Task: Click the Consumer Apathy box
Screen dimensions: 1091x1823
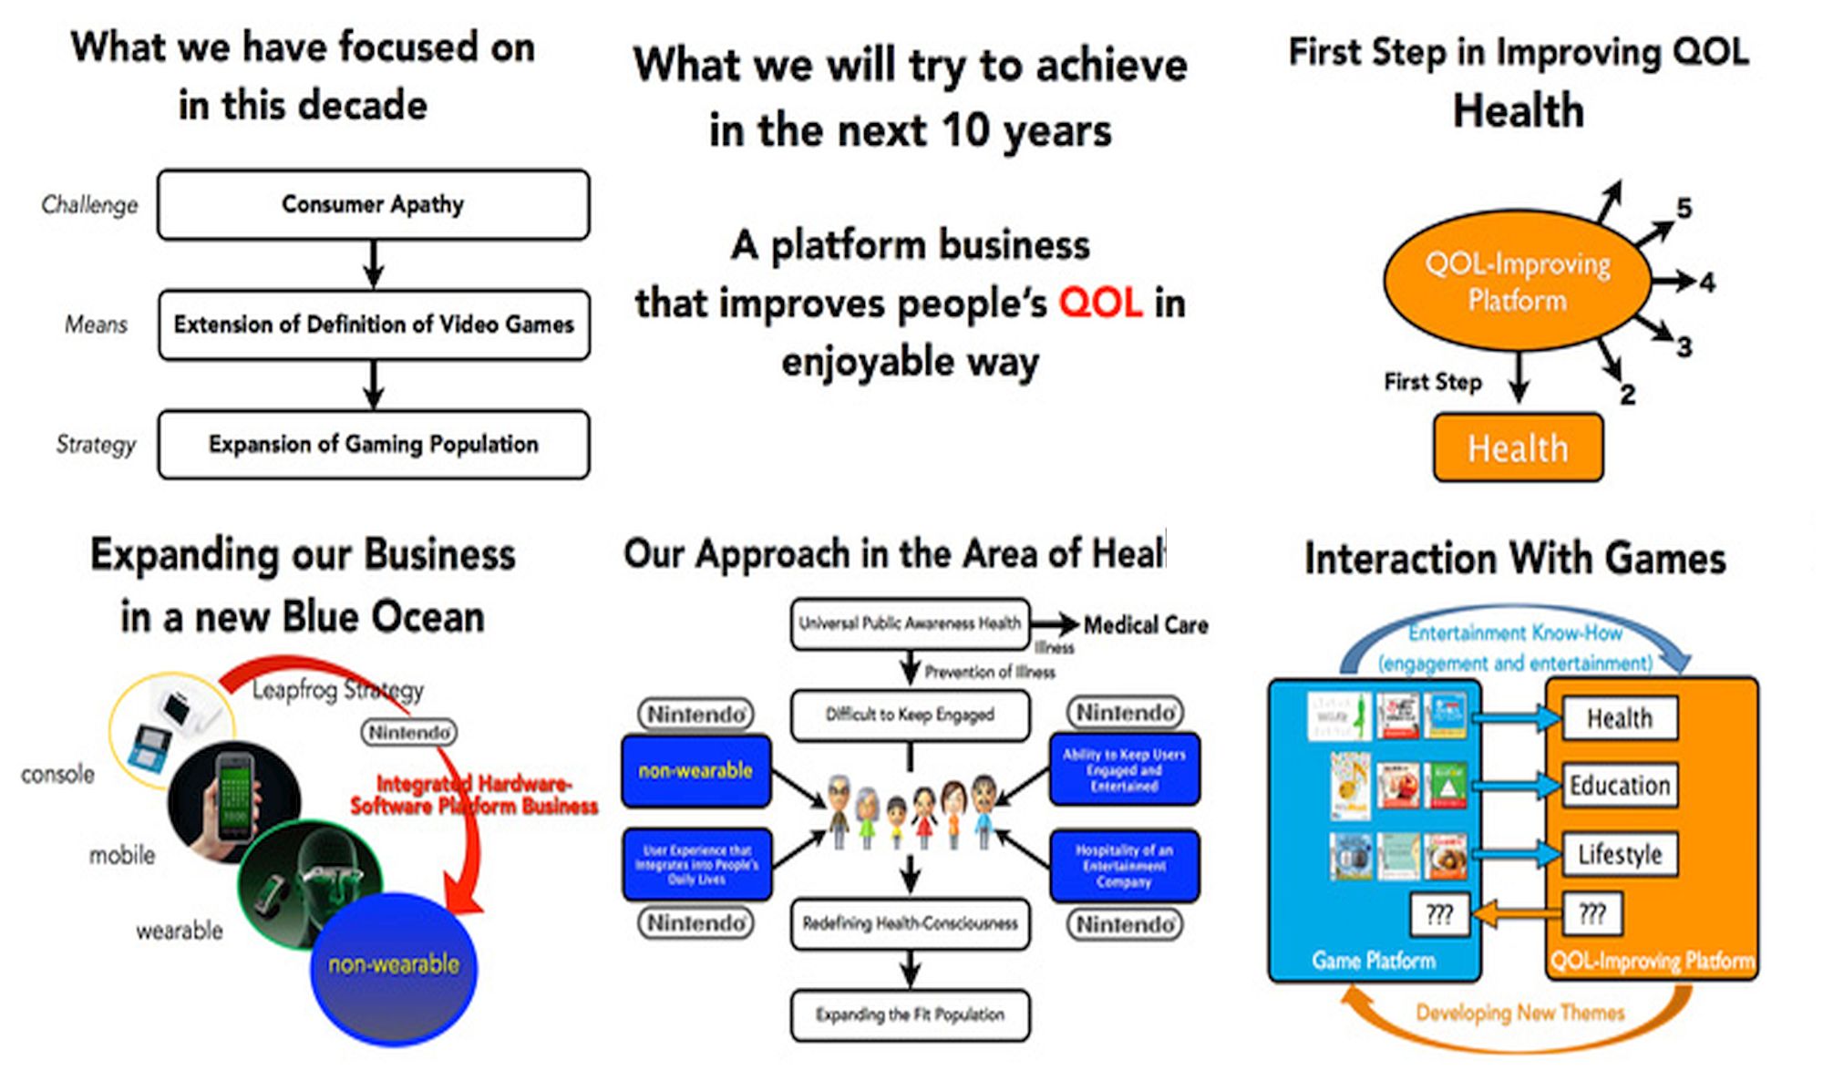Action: click(373, 204)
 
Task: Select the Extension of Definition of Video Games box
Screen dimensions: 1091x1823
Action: click(374, 324)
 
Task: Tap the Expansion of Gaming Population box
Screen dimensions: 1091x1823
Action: click(374, 444)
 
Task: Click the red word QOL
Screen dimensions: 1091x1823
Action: click(1100, 303)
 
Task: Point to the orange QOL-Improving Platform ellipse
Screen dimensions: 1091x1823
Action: click(1518, 281)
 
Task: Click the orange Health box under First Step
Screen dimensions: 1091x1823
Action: click(1518, 448)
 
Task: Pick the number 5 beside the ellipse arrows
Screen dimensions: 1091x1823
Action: click(1684, 209)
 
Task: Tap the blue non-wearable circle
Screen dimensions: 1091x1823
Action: click(394, 966)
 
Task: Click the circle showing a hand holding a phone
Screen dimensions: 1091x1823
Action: click(233, 802)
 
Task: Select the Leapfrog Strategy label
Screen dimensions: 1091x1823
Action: click(337, 690)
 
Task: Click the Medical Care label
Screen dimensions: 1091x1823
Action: click(1146, 625)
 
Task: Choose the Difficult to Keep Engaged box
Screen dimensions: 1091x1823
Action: click(910, 715)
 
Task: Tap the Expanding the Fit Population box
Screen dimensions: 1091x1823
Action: click(910, 1014)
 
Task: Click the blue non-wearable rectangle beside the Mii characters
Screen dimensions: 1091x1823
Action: click(695, 771)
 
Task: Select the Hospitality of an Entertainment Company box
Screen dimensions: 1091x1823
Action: click(1124, 866)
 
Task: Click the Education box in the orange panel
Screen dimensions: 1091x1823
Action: click(1620, 786)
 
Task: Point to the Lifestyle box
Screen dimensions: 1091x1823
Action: click(1620, 854)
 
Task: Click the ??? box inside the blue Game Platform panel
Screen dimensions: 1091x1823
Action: click(1439, 914)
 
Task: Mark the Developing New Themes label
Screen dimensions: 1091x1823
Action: click(1519, 1013)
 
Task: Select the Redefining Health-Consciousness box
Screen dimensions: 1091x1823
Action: click(910, 923)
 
